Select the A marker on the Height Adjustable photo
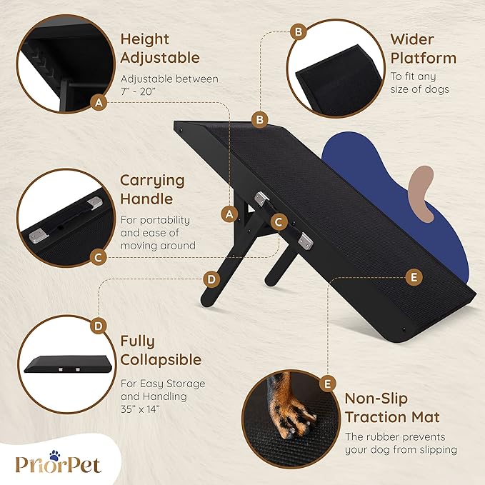tap(99, 104)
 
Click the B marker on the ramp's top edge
tap(260, 119)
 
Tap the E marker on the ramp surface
tap(413, 277)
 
